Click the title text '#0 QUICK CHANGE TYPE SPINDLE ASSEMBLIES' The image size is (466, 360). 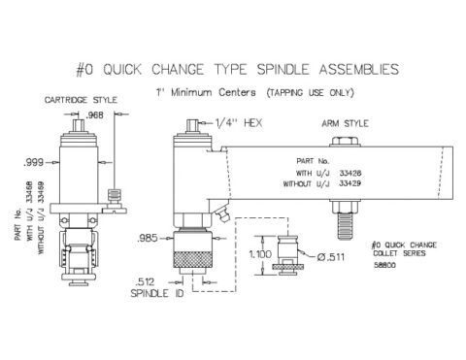point(233,69)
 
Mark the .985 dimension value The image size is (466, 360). point(150,238)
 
